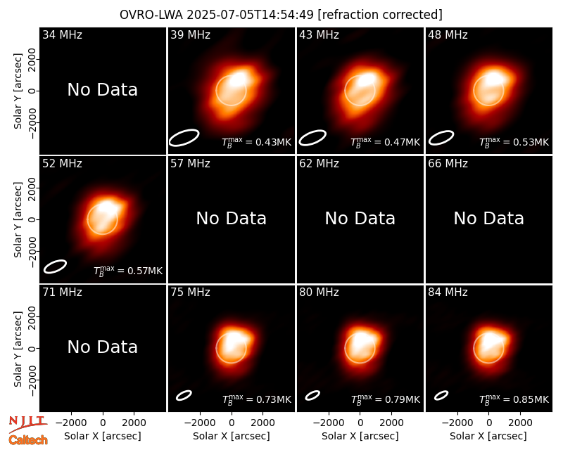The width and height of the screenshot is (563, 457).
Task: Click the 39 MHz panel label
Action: pyautogui.click(x=190, y=34)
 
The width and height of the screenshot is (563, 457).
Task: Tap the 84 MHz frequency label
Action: pyautogui.click(x=448, y=292)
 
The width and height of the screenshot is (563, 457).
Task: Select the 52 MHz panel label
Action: pyautogui.click(x=62, y=164)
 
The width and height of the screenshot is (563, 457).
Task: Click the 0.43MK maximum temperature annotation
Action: pyautogui.click(x=273, y=142)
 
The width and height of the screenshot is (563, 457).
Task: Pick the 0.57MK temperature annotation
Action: pyautogui.click(x=145, y=271)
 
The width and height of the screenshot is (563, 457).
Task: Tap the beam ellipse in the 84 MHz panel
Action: pyautogui.click(x=441, y=395)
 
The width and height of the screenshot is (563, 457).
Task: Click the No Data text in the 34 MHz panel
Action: pyautogui.click(x=102, y=90)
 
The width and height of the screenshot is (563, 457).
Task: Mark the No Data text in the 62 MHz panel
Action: pyautogui.click(x=360, y=218)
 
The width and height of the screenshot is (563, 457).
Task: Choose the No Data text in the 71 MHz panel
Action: pyautogui.click(x=102, y=347)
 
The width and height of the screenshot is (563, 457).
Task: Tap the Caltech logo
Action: pyautogui.click(x=28, y=440)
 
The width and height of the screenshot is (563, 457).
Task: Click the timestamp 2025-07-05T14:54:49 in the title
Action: pyautogui.click(x=250, y=15)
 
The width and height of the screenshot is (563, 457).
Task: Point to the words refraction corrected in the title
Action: pyautogui.click(x=380, y=15)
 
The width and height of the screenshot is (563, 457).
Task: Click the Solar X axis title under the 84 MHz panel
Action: pyautogui.click(x=488, y=436)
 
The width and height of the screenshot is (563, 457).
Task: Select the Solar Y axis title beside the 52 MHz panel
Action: pyautogui.click(x=18, y=219)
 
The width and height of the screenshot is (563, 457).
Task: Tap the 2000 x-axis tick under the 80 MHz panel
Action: pyautogui.click(x=391, y=423)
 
